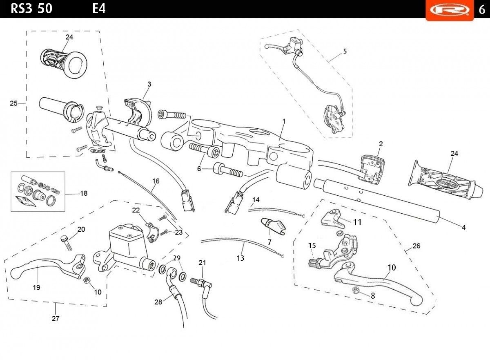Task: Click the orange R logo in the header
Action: pyautogui.click(x=450, y=10)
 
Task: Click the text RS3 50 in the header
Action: pyautogui.click(x=31, y=9)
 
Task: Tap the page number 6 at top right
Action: pyautogui.click(x=482, y=10)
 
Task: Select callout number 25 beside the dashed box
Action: pyautogui.click(x=13, y=103)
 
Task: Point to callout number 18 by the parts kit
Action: pyautogui.click(x=84, y=193)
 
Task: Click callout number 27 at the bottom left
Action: pyautogui.click(x=56, y=318)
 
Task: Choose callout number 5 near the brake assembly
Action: pyautogui.click(x=345, y=51)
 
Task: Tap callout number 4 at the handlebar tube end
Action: pyautogui.click(x=463, y=227)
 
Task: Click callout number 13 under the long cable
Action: pyautogui.click(x=241, y=258)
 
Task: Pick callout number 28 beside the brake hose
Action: pyautogui.click(x=158, y=302)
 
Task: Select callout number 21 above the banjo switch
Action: pyautogui.click(x=202, y=263)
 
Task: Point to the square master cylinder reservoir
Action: pyautogui.click(x=126, y=240)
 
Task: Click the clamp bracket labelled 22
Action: pyautogui.click(x=152, y=233)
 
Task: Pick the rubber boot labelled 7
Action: pyautogui.click(x=274, y=226)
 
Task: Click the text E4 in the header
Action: pyautogui.click(x=99, y=9)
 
